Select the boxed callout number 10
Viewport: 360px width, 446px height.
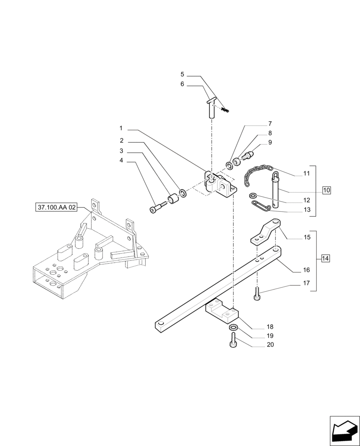[x=326, y=190]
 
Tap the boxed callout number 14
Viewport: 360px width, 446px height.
[x=325, y=258]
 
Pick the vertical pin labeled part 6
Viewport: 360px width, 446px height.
[x=212, y=109]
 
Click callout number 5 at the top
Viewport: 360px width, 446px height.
[x=182, y=74]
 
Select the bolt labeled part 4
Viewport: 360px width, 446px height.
[x=158, y=208]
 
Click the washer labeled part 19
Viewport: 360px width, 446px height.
[x=233, y=329]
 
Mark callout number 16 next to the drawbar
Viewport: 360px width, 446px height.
[x=306, y=270]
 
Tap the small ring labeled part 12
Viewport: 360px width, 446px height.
[x=253, y=195]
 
